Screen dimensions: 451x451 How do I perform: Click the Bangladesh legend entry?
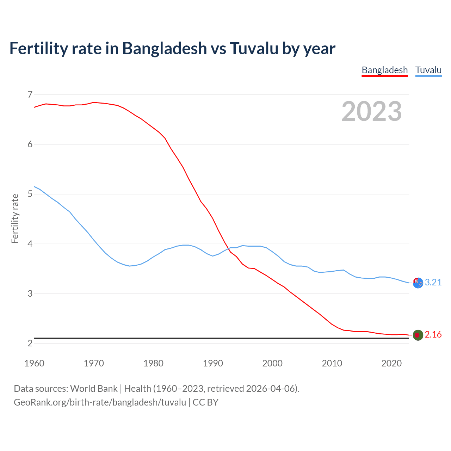click(384, 70)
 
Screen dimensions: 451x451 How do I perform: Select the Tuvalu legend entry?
click(428, 70)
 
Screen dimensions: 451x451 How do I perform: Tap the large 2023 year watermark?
click(371, 111)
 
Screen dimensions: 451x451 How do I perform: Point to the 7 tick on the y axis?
click(30, 94)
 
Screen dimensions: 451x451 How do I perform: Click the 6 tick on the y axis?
click(30, 144)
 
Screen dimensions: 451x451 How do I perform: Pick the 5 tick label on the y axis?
click(30, 194)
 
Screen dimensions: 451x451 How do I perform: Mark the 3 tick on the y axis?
click(30, 294)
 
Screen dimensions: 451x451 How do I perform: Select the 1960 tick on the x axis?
click(34, 363)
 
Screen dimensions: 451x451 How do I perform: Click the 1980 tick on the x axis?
click(153, 363)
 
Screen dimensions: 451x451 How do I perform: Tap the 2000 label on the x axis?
click(272, 363)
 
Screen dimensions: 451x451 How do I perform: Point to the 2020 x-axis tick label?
click(391, 363)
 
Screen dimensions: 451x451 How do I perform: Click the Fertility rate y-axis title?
click(15, 218)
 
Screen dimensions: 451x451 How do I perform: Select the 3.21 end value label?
click(433, 282)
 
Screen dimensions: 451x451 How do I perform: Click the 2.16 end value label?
click(433, 334)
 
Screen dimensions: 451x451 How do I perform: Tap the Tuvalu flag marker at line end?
click(418, 283)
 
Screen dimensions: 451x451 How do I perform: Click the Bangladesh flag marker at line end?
click(418, 335)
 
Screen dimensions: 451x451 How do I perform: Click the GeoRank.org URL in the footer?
click(100, 402)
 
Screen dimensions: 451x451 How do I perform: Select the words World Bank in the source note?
click(94, 389)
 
